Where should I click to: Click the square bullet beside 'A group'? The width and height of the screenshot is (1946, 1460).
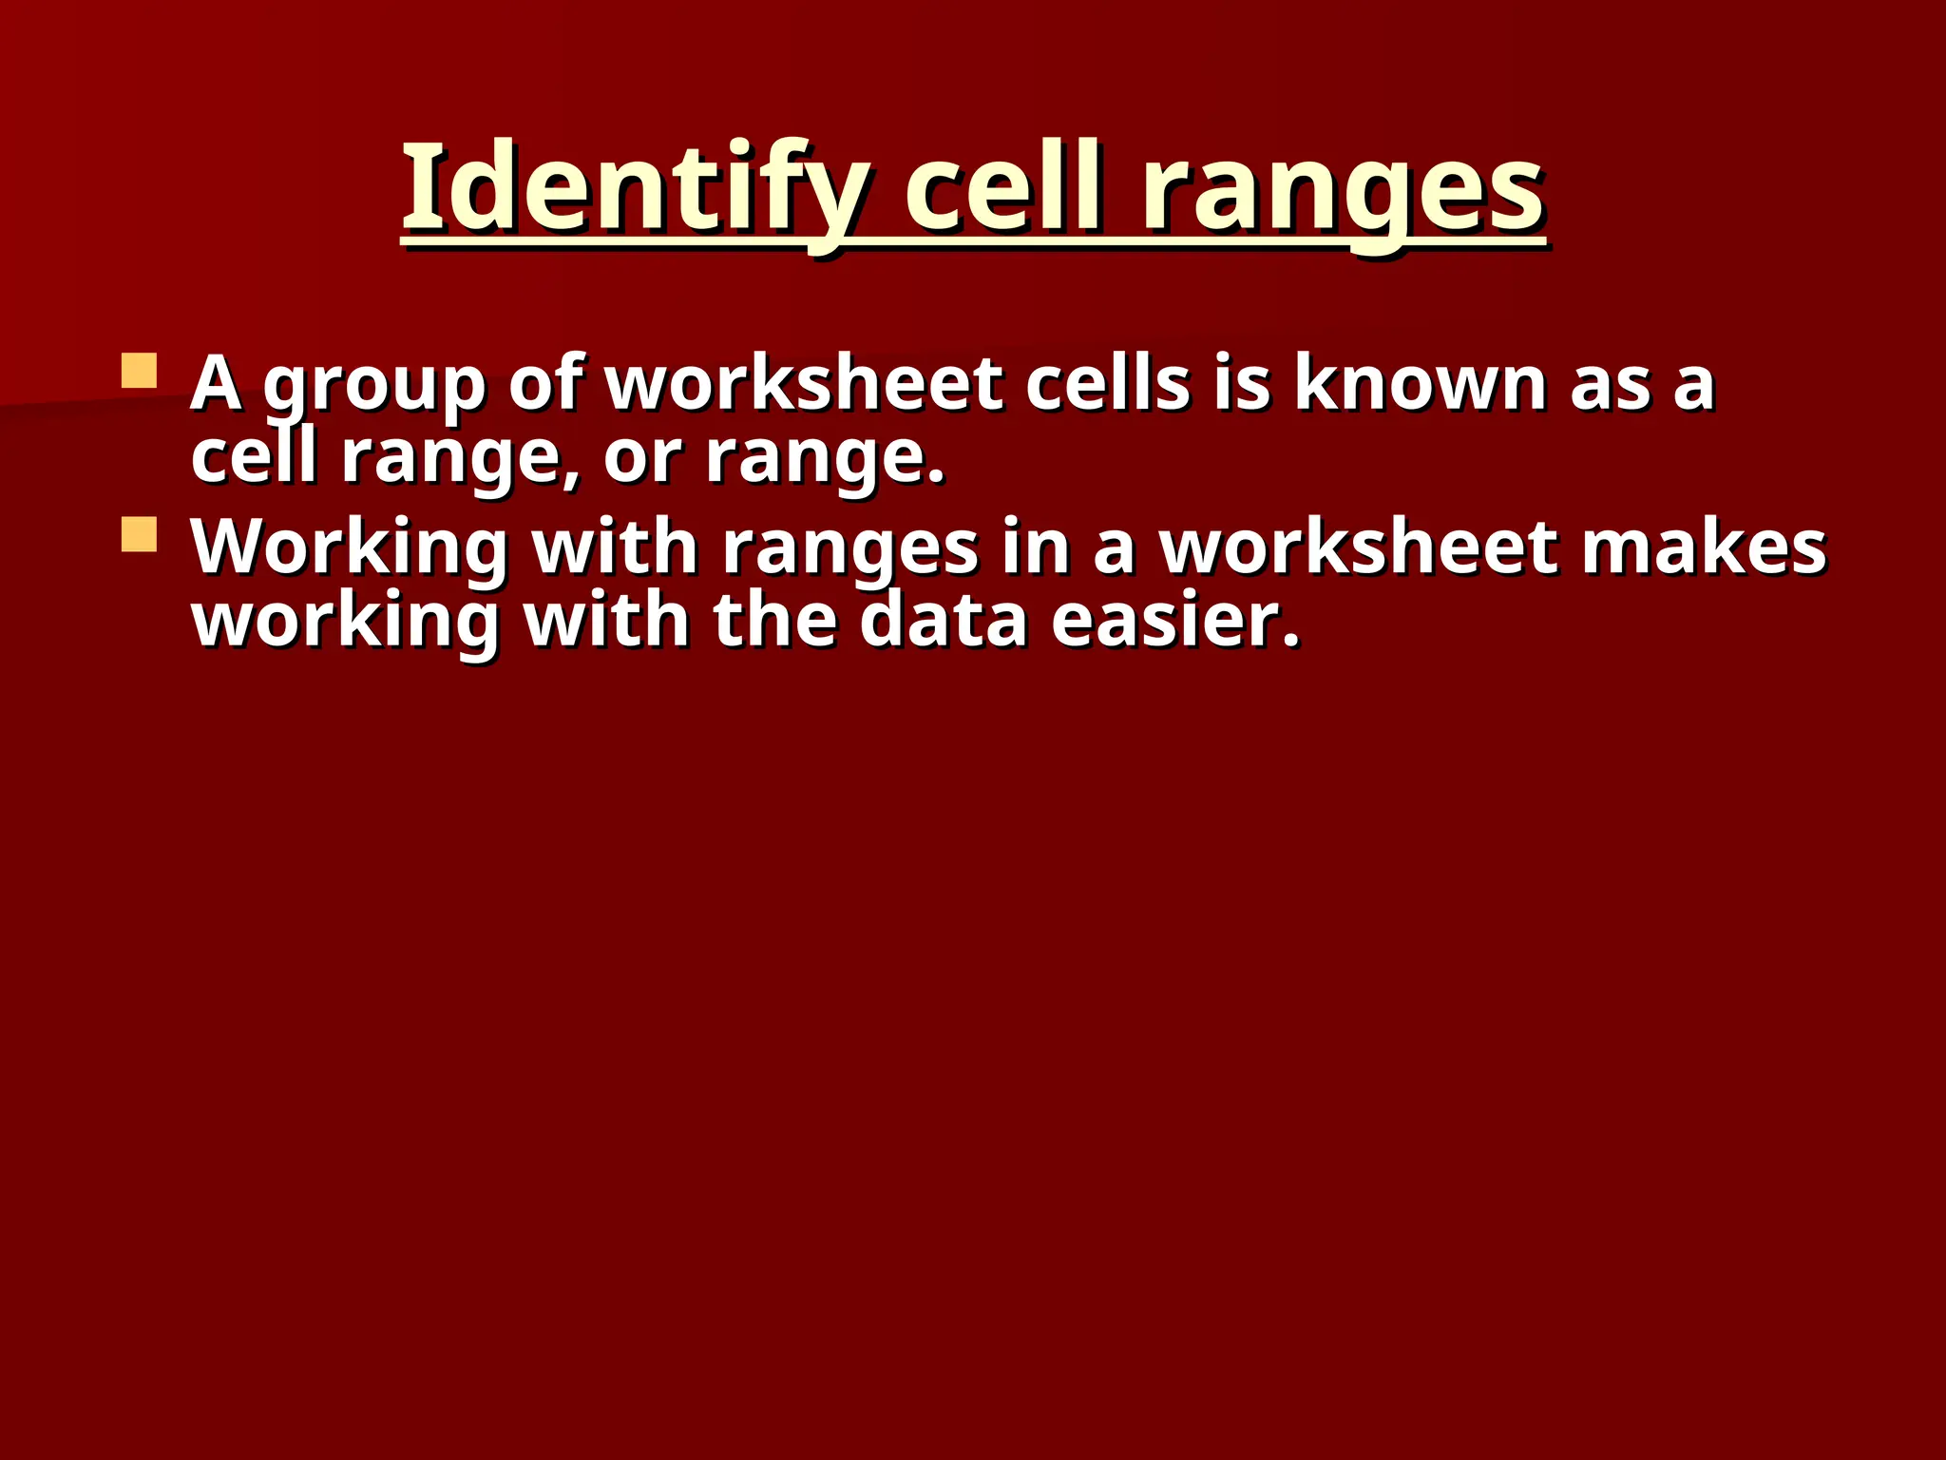coord(140,371)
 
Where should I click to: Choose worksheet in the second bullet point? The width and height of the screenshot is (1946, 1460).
coord(1360,548)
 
